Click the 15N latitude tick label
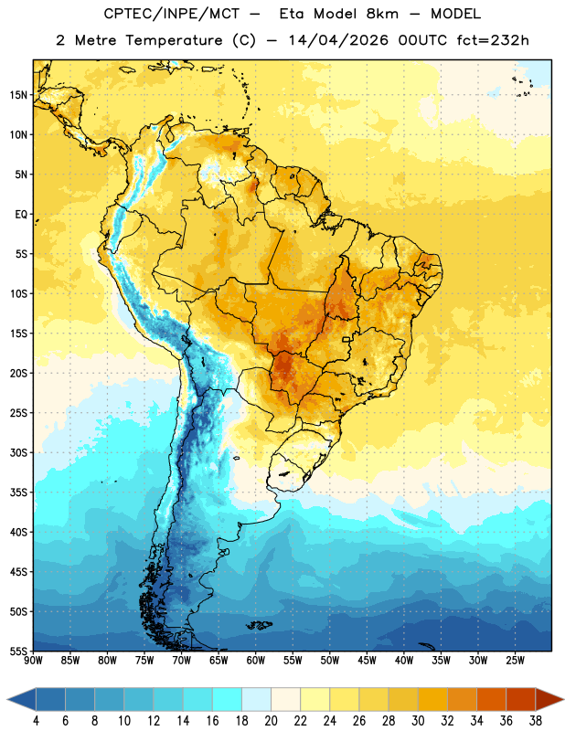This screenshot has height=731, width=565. pos(18,95)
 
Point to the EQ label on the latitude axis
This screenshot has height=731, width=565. pos(21,215)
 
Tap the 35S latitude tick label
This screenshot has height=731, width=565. pos(18,493)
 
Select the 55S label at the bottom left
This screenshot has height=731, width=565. pos(18,651)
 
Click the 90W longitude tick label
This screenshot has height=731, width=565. pos(33,660)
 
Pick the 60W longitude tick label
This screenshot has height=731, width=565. pos(256,660)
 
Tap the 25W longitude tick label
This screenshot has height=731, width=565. pos(515,660)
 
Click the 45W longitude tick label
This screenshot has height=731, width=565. pos(367,660)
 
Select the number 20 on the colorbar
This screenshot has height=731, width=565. pos(271,721)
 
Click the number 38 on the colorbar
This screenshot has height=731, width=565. pos(536,721)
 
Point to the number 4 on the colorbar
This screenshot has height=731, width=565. pos(36,721)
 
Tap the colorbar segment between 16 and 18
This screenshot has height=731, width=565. pos(228,699)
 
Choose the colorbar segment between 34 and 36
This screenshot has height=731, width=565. pos(492,699)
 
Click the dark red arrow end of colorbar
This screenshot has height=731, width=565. pos(549,699)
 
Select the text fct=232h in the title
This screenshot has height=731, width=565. pos(493,40)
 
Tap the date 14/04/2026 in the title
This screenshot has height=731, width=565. pos(338,40)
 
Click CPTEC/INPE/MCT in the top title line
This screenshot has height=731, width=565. pos(171,14)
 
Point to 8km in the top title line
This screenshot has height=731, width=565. pos(382,14)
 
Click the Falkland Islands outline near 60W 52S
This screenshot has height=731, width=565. pos(259,625)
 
